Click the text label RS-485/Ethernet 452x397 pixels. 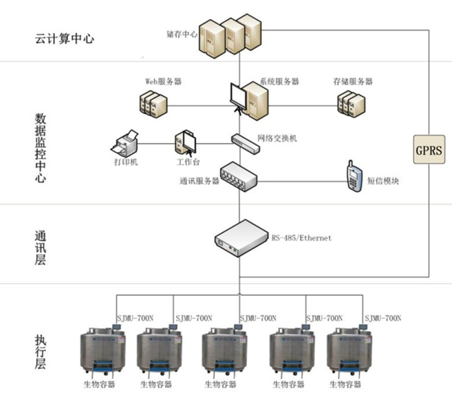301,238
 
